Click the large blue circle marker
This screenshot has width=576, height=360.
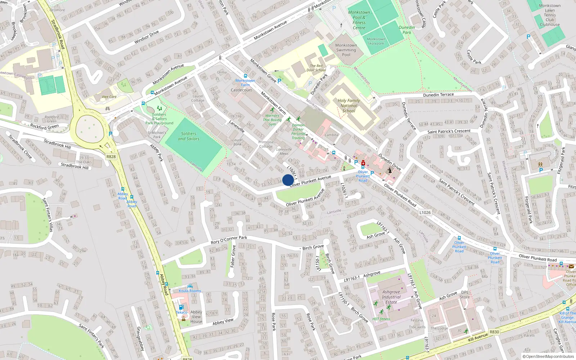tap(288, 180)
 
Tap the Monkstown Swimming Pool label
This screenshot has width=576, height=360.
tap(346, 50)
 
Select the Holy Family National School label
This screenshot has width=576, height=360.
tap(348, 106)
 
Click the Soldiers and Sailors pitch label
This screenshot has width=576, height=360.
tap(189, 136)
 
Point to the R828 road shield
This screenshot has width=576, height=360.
tap(111, 157)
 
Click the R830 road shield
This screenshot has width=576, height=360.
tap(494, 332)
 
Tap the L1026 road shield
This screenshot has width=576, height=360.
tap(425, 212)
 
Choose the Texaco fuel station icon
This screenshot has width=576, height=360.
tap(181, 307)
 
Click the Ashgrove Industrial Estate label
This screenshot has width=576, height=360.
tap(391, 297)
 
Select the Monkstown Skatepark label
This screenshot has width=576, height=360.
tap(376, 41)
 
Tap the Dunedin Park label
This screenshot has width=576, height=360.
tap(407, 30)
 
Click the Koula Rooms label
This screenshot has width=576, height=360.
tap(190, 291)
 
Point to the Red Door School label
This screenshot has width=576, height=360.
tap(316, 68)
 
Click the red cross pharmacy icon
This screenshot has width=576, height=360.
tap(363, 163)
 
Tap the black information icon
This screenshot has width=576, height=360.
tap(390, 170)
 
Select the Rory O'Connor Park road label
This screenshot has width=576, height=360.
tap(229, 240)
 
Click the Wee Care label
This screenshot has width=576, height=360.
tap(109, 97)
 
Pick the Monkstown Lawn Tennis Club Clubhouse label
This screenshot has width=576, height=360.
tap(550, 15)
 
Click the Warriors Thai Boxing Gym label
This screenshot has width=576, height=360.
tap(272, 120)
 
